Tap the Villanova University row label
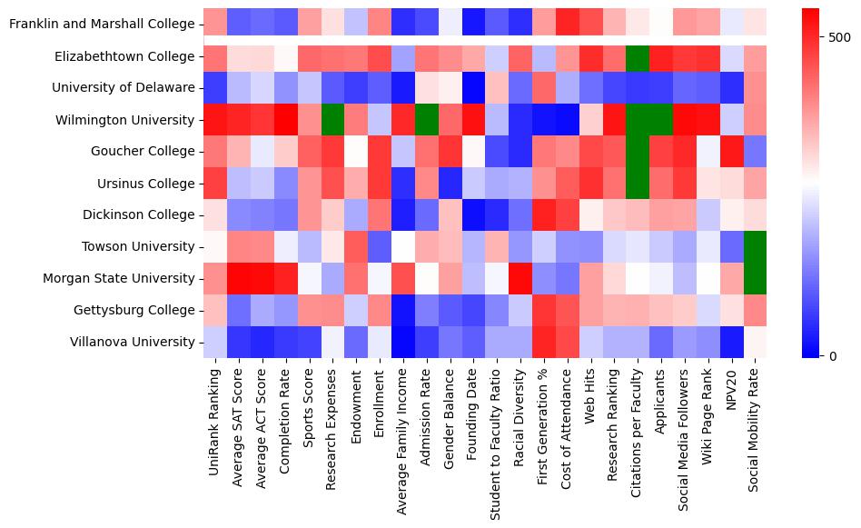pos(133,343)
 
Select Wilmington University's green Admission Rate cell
pos(427,120)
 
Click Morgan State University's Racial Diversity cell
pos(521,279)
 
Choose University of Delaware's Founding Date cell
pos(474,88)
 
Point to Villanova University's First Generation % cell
pos(545,343)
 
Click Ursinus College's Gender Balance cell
pos(450,184)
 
